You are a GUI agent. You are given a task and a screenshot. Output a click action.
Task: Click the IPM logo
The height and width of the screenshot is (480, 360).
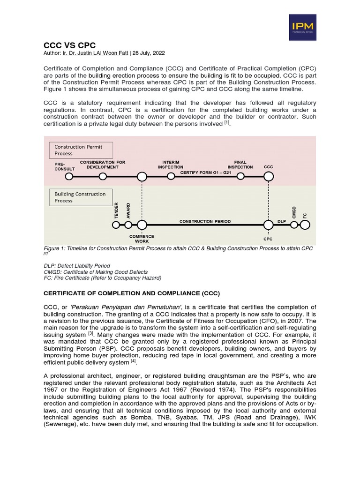[x=302, y=27]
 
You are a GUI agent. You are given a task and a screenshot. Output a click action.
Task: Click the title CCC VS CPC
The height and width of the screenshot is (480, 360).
[x=69, y=45]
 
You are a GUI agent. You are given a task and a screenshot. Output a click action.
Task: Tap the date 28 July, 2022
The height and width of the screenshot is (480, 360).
[x=150, y=53]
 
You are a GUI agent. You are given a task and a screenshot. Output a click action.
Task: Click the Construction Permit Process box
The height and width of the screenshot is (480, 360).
[x=81, y=150]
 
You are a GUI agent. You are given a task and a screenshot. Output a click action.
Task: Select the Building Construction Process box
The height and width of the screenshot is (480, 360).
[x=81, y=197]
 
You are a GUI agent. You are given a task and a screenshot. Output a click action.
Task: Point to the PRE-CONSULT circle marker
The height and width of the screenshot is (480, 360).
[x=69, y=177]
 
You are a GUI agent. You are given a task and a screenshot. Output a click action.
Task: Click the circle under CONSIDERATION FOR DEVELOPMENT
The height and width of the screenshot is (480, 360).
[x=103, y=177]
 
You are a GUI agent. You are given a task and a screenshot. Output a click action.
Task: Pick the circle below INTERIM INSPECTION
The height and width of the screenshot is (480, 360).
[x=171, y=177]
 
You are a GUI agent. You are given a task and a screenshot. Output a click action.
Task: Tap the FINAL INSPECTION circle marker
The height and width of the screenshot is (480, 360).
[x=240, y=177]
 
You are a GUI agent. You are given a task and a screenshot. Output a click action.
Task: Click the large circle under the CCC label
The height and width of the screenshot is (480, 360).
[x=269, y=177]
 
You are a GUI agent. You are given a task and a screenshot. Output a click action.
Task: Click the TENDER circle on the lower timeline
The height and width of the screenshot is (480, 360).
[x=116, y=225]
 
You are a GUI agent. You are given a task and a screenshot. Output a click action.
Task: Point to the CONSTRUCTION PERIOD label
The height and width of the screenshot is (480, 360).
[x=205, y=221]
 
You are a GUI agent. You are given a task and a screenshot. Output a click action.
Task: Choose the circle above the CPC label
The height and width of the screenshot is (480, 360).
[x=269, y=225]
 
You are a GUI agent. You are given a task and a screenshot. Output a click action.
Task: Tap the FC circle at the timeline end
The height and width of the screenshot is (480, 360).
[x=305, y=225]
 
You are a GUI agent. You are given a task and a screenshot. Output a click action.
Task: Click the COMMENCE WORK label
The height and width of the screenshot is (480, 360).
[x=142, y=239]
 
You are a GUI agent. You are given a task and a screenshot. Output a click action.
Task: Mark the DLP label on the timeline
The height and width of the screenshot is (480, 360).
[x=282, y=221]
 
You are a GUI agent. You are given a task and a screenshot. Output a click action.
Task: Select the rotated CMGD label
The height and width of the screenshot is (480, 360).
[x=294, y=212]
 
